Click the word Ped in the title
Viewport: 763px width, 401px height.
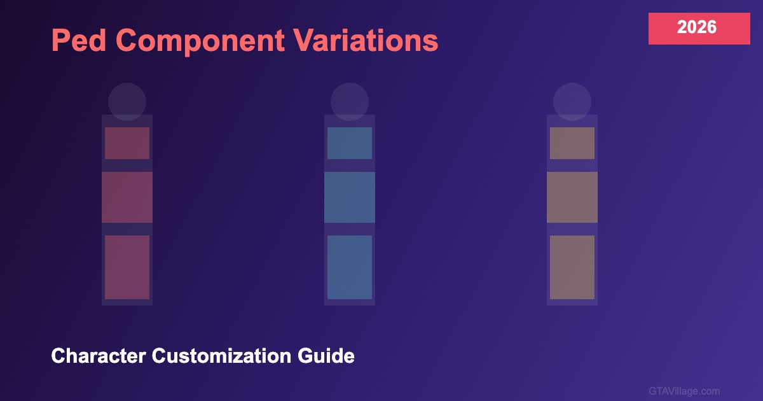(79, 40)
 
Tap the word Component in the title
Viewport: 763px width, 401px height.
(200, 41)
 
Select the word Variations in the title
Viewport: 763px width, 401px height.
(366, 40)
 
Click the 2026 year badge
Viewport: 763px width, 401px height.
(699, 29)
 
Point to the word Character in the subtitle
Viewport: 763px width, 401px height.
(99, 356)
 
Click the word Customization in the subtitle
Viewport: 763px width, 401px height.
(221, 356)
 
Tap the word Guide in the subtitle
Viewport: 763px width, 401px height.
(326, 356)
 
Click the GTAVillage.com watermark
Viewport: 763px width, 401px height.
(684, 391)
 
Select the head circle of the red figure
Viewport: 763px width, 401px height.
(127, 102)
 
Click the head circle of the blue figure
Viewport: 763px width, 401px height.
(350, 102)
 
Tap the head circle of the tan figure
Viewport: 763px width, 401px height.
(572, 102)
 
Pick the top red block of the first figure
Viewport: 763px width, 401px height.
(127, 143)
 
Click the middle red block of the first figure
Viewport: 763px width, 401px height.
(127, 197)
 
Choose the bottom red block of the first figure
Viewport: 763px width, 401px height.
(127, 267)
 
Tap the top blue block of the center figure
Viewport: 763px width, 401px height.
(350, 143)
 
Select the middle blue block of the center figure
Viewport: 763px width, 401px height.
(350, 197)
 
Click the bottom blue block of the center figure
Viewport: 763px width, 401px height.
(350, 267)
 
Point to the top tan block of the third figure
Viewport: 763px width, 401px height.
(572, 143)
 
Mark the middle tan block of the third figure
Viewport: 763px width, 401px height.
(572, 197)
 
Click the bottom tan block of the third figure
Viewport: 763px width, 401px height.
(572, 267)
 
